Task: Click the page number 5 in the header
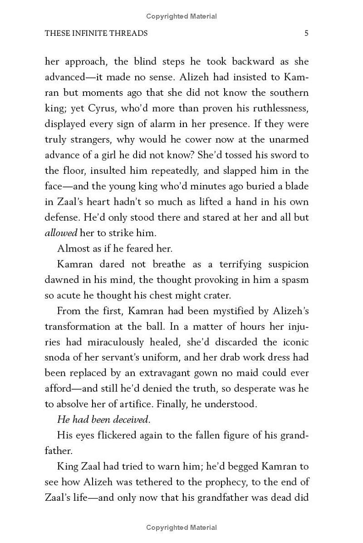click(307, 33)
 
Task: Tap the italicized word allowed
click(61, 233)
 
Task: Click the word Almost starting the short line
click(72, 248)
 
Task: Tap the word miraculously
click(123, 342)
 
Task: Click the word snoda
click(57, 357)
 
